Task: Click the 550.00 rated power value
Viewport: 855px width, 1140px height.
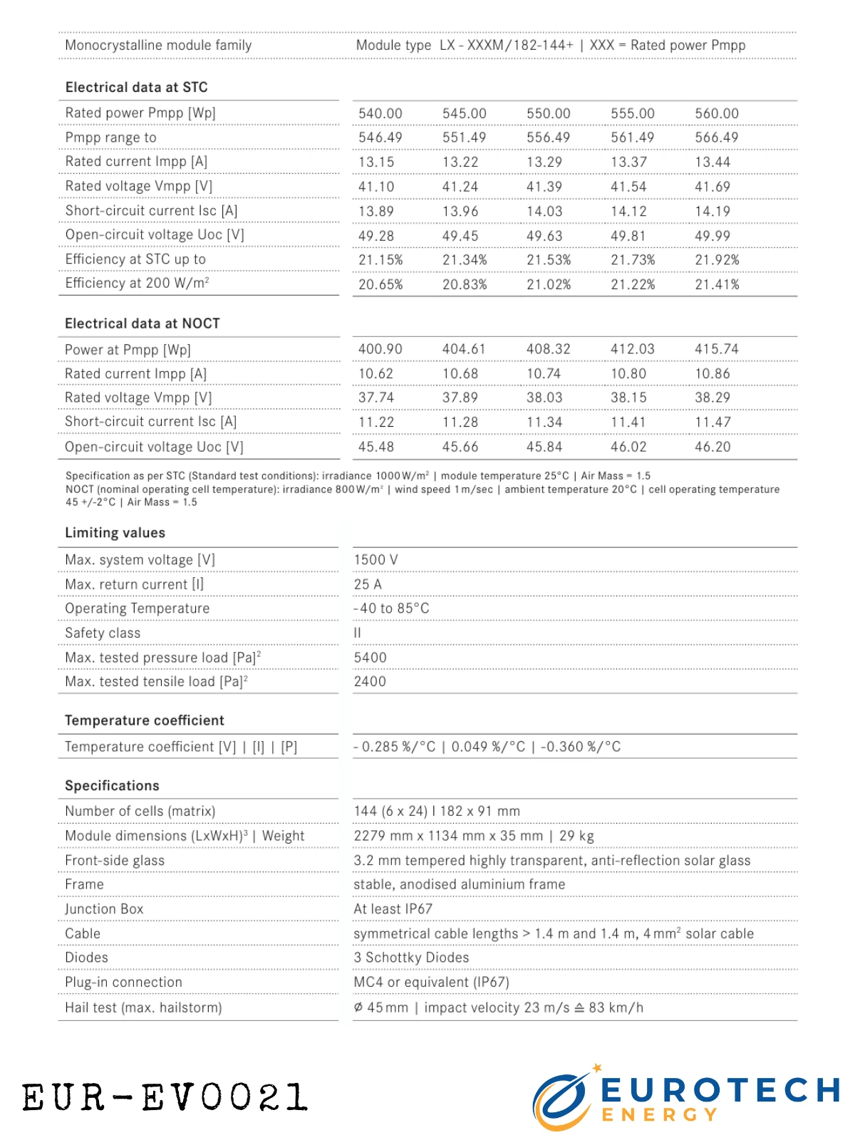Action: (x=548, y=113)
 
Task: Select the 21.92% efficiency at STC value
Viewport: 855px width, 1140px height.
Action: (x=717, y=260)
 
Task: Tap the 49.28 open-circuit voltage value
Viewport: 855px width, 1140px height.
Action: (x=376, y=236)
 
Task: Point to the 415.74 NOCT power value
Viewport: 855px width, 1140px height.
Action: (x=717, y=349)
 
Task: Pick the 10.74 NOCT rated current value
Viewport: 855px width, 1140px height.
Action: (x=544, y=373)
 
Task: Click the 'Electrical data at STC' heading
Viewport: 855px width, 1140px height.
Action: (x=137, y=88)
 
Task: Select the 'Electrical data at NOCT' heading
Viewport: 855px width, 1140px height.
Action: (x=142, y=323)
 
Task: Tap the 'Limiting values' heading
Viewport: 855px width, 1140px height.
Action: (x=115, y=533)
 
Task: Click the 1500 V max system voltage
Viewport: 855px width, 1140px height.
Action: (x=376, y=560)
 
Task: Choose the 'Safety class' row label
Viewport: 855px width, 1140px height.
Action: (x=103, y=633)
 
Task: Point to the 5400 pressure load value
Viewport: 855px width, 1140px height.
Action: (x=370, y=658)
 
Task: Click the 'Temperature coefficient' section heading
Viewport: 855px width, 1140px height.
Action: (x=145, y=720)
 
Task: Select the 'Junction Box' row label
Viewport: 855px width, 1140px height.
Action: (x=104, y=909)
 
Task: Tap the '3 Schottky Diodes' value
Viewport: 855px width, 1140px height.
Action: (x=411, y=958)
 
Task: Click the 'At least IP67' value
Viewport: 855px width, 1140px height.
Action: (x=393, y=909)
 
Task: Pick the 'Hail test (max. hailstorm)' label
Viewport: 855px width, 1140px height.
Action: (x=143, y=1007)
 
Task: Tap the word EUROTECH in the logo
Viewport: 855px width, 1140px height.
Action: (x=720, y=1090)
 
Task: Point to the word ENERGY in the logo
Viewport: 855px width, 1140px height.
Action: (x=659, y=1115)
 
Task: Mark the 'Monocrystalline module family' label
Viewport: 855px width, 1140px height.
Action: (x=158, y=46)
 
